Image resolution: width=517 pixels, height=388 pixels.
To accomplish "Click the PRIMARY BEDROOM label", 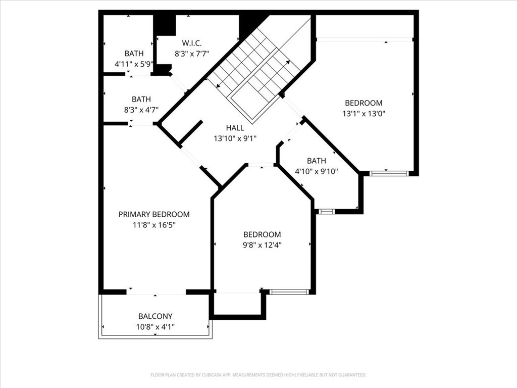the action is point(154,214).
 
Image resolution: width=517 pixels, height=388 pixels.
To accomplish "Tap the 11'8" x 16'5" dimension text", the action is point(154,225).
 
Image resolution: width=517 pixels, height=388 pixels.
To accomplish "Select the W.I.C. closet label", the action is point(191,43).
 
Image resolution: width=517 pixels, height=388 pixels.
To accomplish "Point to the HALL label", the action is point(235,128).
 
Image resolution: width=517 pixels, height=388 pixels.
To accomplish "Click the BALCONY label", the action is point(156,316).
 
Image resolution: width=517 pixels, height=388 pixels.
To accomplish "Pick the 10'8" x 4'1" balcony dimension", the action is point(156,327).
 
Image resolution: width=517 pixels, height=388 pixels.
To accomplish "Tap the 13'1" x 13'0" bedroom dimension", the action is point(364,114).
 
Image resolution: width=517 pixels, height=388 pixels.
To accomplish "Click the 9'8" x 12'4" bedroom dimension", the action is point(263,245).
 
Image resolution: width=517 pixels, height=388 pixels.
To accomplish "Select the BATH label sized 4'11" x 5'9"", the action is point(134,54).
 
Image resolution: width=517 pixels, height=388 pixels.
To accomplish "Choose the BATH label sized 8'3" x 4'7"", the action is point(141,100).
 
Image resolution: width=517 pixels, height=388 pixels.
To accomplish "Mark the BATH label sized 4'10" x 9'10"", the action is point(317,161).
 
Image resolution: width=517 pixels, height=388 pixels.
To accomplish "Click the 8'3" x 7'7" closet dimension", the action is point(191,54).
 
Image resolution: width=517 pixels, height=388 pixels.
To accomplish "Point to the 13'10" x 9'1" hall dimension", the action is point(235,138).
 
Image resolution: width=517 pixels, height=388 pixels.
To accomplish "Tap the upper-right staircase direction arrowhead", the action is point(288,62).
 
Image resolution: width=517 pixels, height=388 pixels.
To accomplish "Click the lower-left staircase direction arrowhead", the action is point(218,86).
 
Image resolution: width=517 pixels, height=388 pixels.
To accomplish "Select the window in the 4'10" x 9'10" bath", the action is point(327,212).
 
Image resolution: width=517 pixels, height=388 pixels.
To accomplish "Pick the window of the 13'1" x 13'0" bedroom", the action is point(389,173).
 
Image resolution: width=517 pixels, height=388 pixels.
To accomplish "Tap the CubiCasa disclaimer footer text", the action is point(258,375).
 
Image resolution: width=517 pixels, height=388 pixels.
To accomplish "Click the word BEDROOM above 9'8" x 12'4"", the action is point(263,234).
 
